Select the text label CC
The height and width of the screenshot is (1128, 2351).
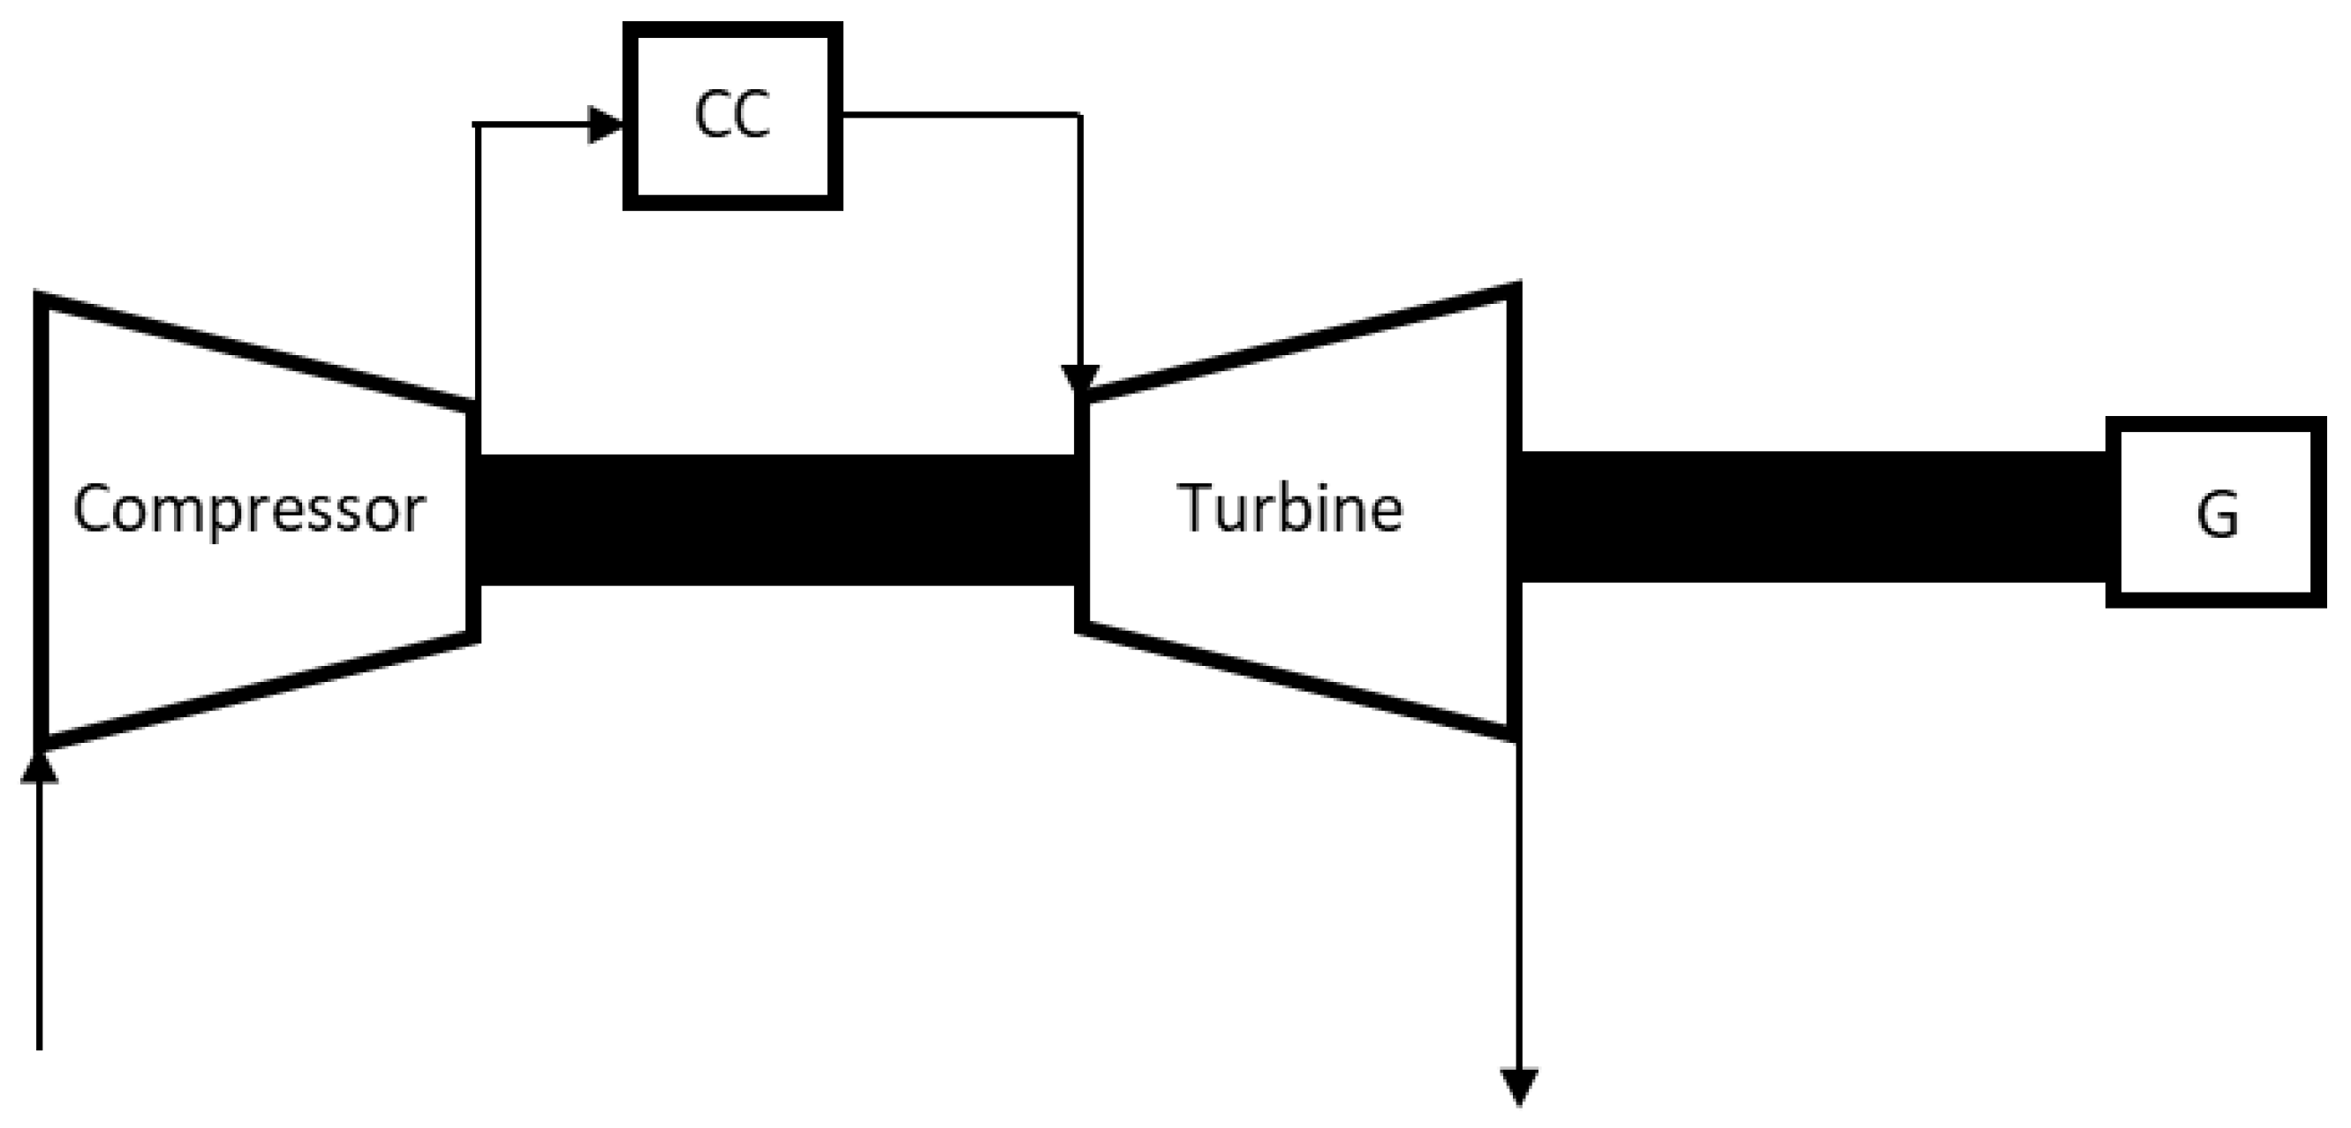732,116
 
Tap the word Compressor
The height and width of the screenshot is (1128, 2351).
248,510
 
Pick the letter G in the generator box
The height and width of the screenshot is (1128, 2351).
2217,515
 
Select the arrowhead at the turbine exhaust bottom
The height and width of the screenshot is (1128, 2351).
1520,1086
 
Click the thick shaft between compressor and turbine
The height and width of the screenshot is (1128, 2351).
775,519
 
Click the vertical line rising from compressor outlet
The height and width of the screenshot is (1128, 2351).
476,265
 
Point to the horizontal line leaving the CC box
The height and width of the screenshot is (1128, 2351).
958,115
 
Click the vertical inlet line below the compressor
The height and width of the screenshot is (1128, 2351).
39,912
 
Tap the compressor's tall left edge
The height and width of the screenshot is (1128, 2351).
42,520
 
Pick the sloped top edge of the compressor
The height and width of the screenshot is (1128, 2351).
255,352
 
